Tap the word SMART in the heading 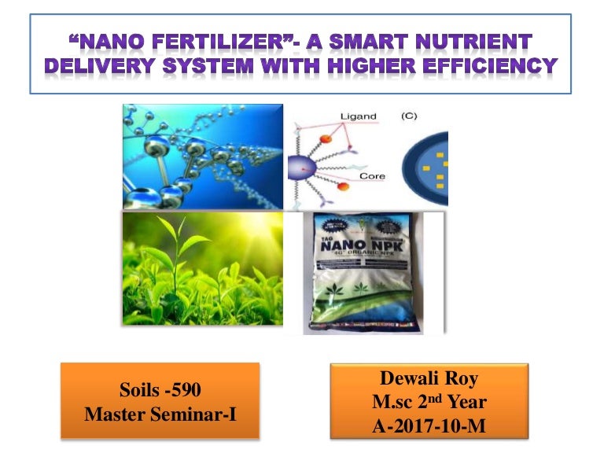click(x=395, y=41)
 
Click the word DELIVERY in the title click(x=95, y=66)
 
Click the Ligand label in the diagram click(x=358, y=116)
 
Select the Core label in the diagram click(x=371, y=176)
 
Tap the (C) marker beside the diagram click(x=409, y=116)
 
